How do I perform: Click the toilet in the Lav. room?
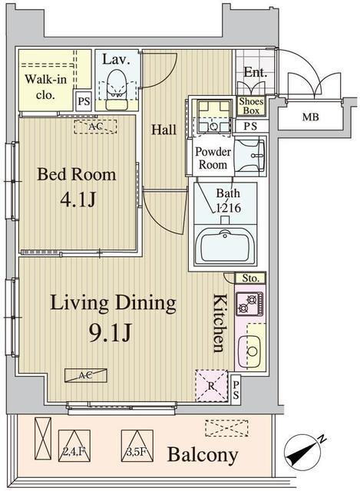(117, 89)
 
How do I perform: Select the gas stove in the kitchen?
(249, 304)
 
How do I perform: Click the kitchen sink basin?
(249, 351)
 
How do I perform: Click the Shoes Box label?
(251, 106)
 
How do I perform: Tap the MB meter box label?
(311, 117)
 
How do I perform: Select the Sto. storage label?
(250, 278)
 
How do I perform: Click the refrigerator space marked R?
(212, 385)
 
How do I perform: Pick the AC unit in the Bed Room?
(95, 127)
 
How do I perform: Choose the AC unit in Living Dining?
(85, 375)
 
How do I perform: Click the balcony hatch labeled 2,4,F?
(74, 446)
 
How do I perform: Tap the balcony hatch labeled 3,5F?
(137, 446)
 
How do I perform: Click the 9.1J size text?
(110, 334)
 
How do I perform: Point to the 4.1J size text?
(78, 199)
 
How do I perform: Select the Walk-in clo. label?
(46, 87)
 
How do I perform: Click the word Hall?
(163, 130)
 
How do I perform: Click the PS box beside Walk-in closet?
(84, 101)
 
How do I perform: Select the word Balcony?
(203, 455)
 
